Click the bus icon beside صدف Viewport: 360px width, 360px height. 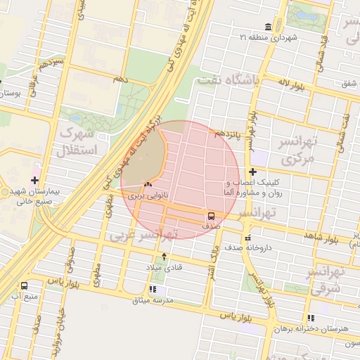click(212, 216)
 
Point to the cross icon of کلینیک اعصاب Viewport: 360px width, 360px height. click(252, 172)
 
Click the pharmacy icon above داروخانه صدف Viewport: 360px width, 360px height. click(247, 238)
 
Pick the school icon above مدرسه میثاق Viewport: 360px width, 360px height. click(153, 289)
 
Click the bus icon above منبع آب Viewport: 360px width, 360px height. click(25, 286)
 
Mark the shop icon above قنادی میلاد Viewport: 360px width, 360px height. click(164, 257)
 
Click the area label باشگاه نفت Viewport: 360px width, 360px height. click(229, 81)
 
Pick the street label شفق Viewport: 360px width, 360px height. click(347, 84)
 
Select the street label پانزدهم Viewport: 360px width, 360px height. click(229, 134)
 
